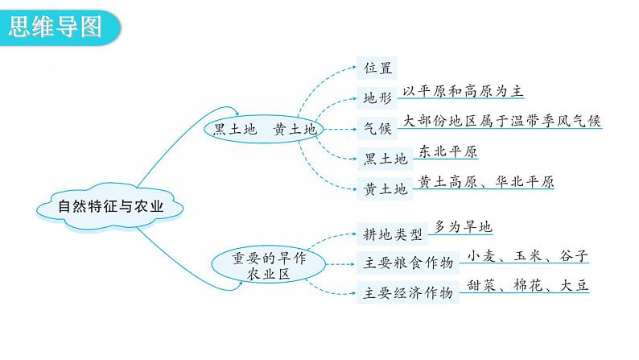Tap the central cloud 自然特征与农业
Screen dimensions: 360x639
point(111,207)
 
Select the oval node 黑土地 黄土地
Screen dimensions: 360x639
point(263,129)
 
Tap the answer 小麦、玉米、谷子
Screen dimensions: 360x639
point(527,257)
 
